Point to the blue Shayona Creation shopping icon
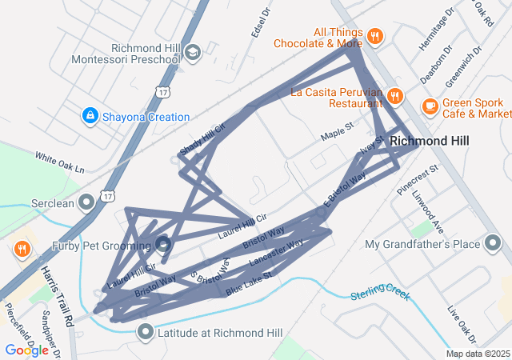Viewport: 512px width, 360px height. tap(91, 117)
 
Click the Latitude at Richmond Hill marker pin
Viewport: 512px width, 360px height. tap(146, 331)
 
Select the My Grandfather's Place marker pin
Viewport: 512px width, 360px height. tap(494, 244)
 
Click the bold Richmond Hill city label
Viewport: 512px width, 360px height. tap(440, 141)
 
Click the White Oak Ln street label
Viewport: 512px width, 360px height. tap(59, 162)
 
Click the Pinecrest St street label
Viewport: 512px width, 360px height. tap(418, 181)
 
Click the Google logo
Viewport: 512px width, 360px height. tap(26, 350)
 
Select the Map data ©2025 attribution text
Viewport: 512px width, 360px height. tap(477, 354)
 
